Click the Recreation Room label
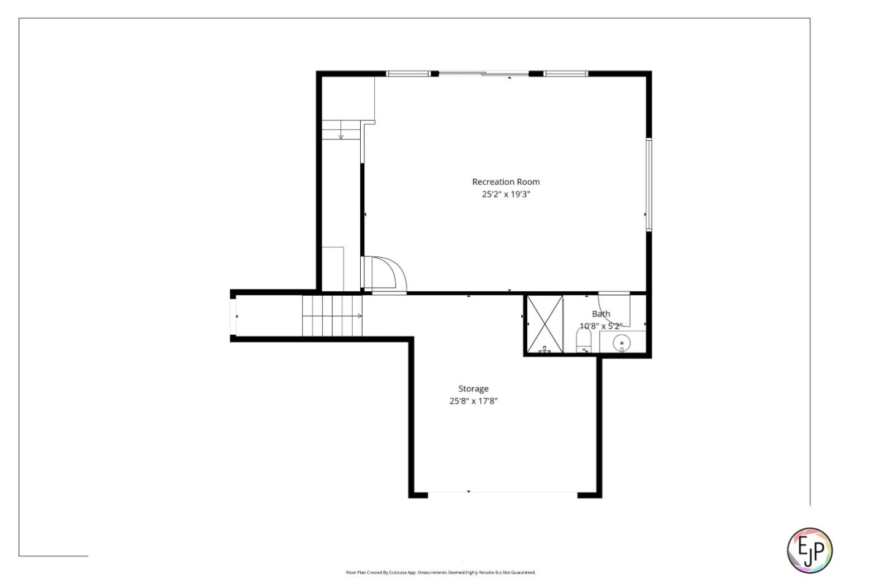(505, 182)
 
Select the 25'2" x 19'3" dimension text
(505, 195)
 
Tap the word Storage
(473, 389)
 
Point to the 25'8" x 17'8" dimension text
(473, 402)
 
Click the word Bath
(601, 314)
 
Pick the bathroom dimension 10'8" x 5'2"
(601, 326)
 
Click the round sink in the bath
(622, 343)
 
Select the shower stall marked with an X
(545, 324)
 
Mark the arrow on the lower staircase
(359, 316)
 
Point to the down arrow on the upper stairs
(341, 135)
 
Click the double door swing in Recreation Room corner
(386, 274)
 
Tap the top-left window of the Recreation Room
(408, 74)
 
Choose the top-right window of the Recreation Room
(566, 74)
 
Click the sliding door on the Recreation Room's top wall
(484, 74)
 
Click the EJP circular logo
(809, 550)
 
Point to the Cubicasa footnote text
(440, 573)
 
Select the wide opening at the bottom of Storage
(502, 493)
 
